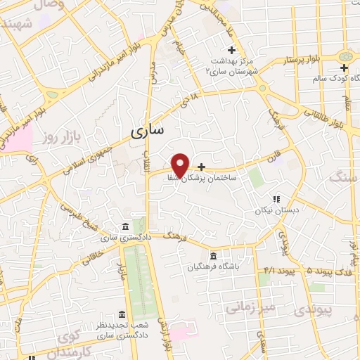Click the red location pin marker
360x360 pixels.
tap(181, 165)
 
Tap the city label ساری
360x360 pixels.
tap(148, 130)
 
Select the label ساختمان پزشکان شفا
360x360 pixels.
tap(205, 179)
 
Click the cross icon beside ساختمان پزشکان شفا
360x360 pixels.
tap(202, 167)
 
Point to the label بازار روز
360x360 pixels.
tap(62, 131)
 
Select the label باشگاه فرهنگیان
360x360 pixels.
tap(214, 266)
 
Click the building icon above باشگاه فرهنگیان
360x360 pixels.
tap(214, 255)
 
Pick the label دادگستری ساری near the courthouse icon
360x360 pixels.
tap(117, 238)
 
